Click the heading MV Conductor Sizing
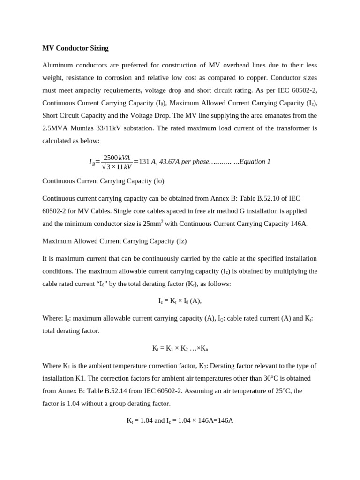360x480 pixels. pos(75,48)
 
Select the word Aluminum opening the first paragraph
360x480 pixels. pos(57,65)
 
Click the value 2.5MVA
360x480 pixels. pos(55,128)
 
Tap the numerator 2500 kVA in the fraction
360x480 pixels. pos(117,157)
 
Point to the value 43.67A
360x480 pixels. pos(169,162)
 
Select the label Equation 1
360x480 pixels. pos(255,162)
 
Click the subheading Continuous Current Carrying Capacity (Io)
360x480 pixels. pos(103,181)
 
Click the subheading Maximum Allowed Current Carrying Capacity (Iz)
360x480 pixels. pos(114,241)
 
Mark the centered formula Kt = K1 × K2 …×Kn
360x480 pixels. pos(180,348)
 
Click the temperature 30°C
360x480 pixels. pos(246,378)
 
